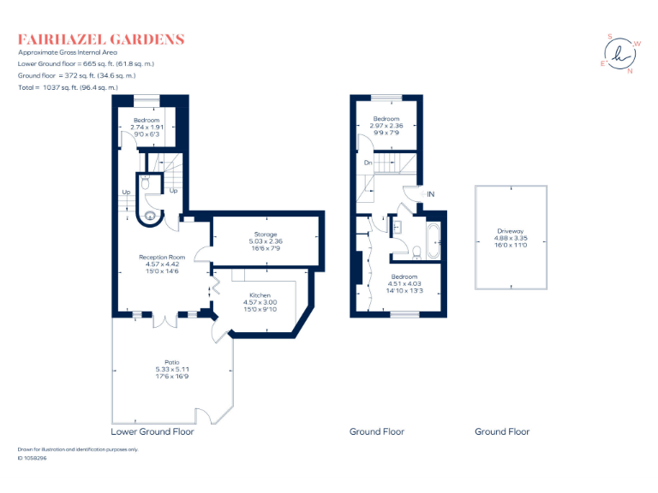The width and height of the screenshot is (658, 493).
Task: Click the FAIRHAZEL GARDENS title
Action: coord(101,39)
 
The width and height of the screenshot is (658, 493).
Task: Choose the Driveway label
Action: coord(511,238)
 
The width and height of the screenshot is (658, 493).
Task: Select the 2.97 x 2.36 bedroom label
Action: coord(386,126)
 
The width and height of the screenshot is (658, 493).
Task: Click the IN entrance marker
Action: coord(431,194)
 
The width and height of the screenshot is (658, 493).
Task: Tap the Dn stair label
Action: coord(367,163)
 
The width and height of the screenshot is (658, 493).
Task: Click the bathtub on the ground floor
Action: coord(431,240)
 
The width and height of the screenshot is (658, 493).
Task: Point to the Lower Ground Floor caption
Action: coord(153,432)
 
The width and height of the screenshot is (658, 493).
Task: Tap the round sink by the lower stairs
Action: coord(151,216)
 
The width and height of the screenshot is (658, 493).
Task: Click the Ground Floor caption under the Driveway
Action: coord(502,432)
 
